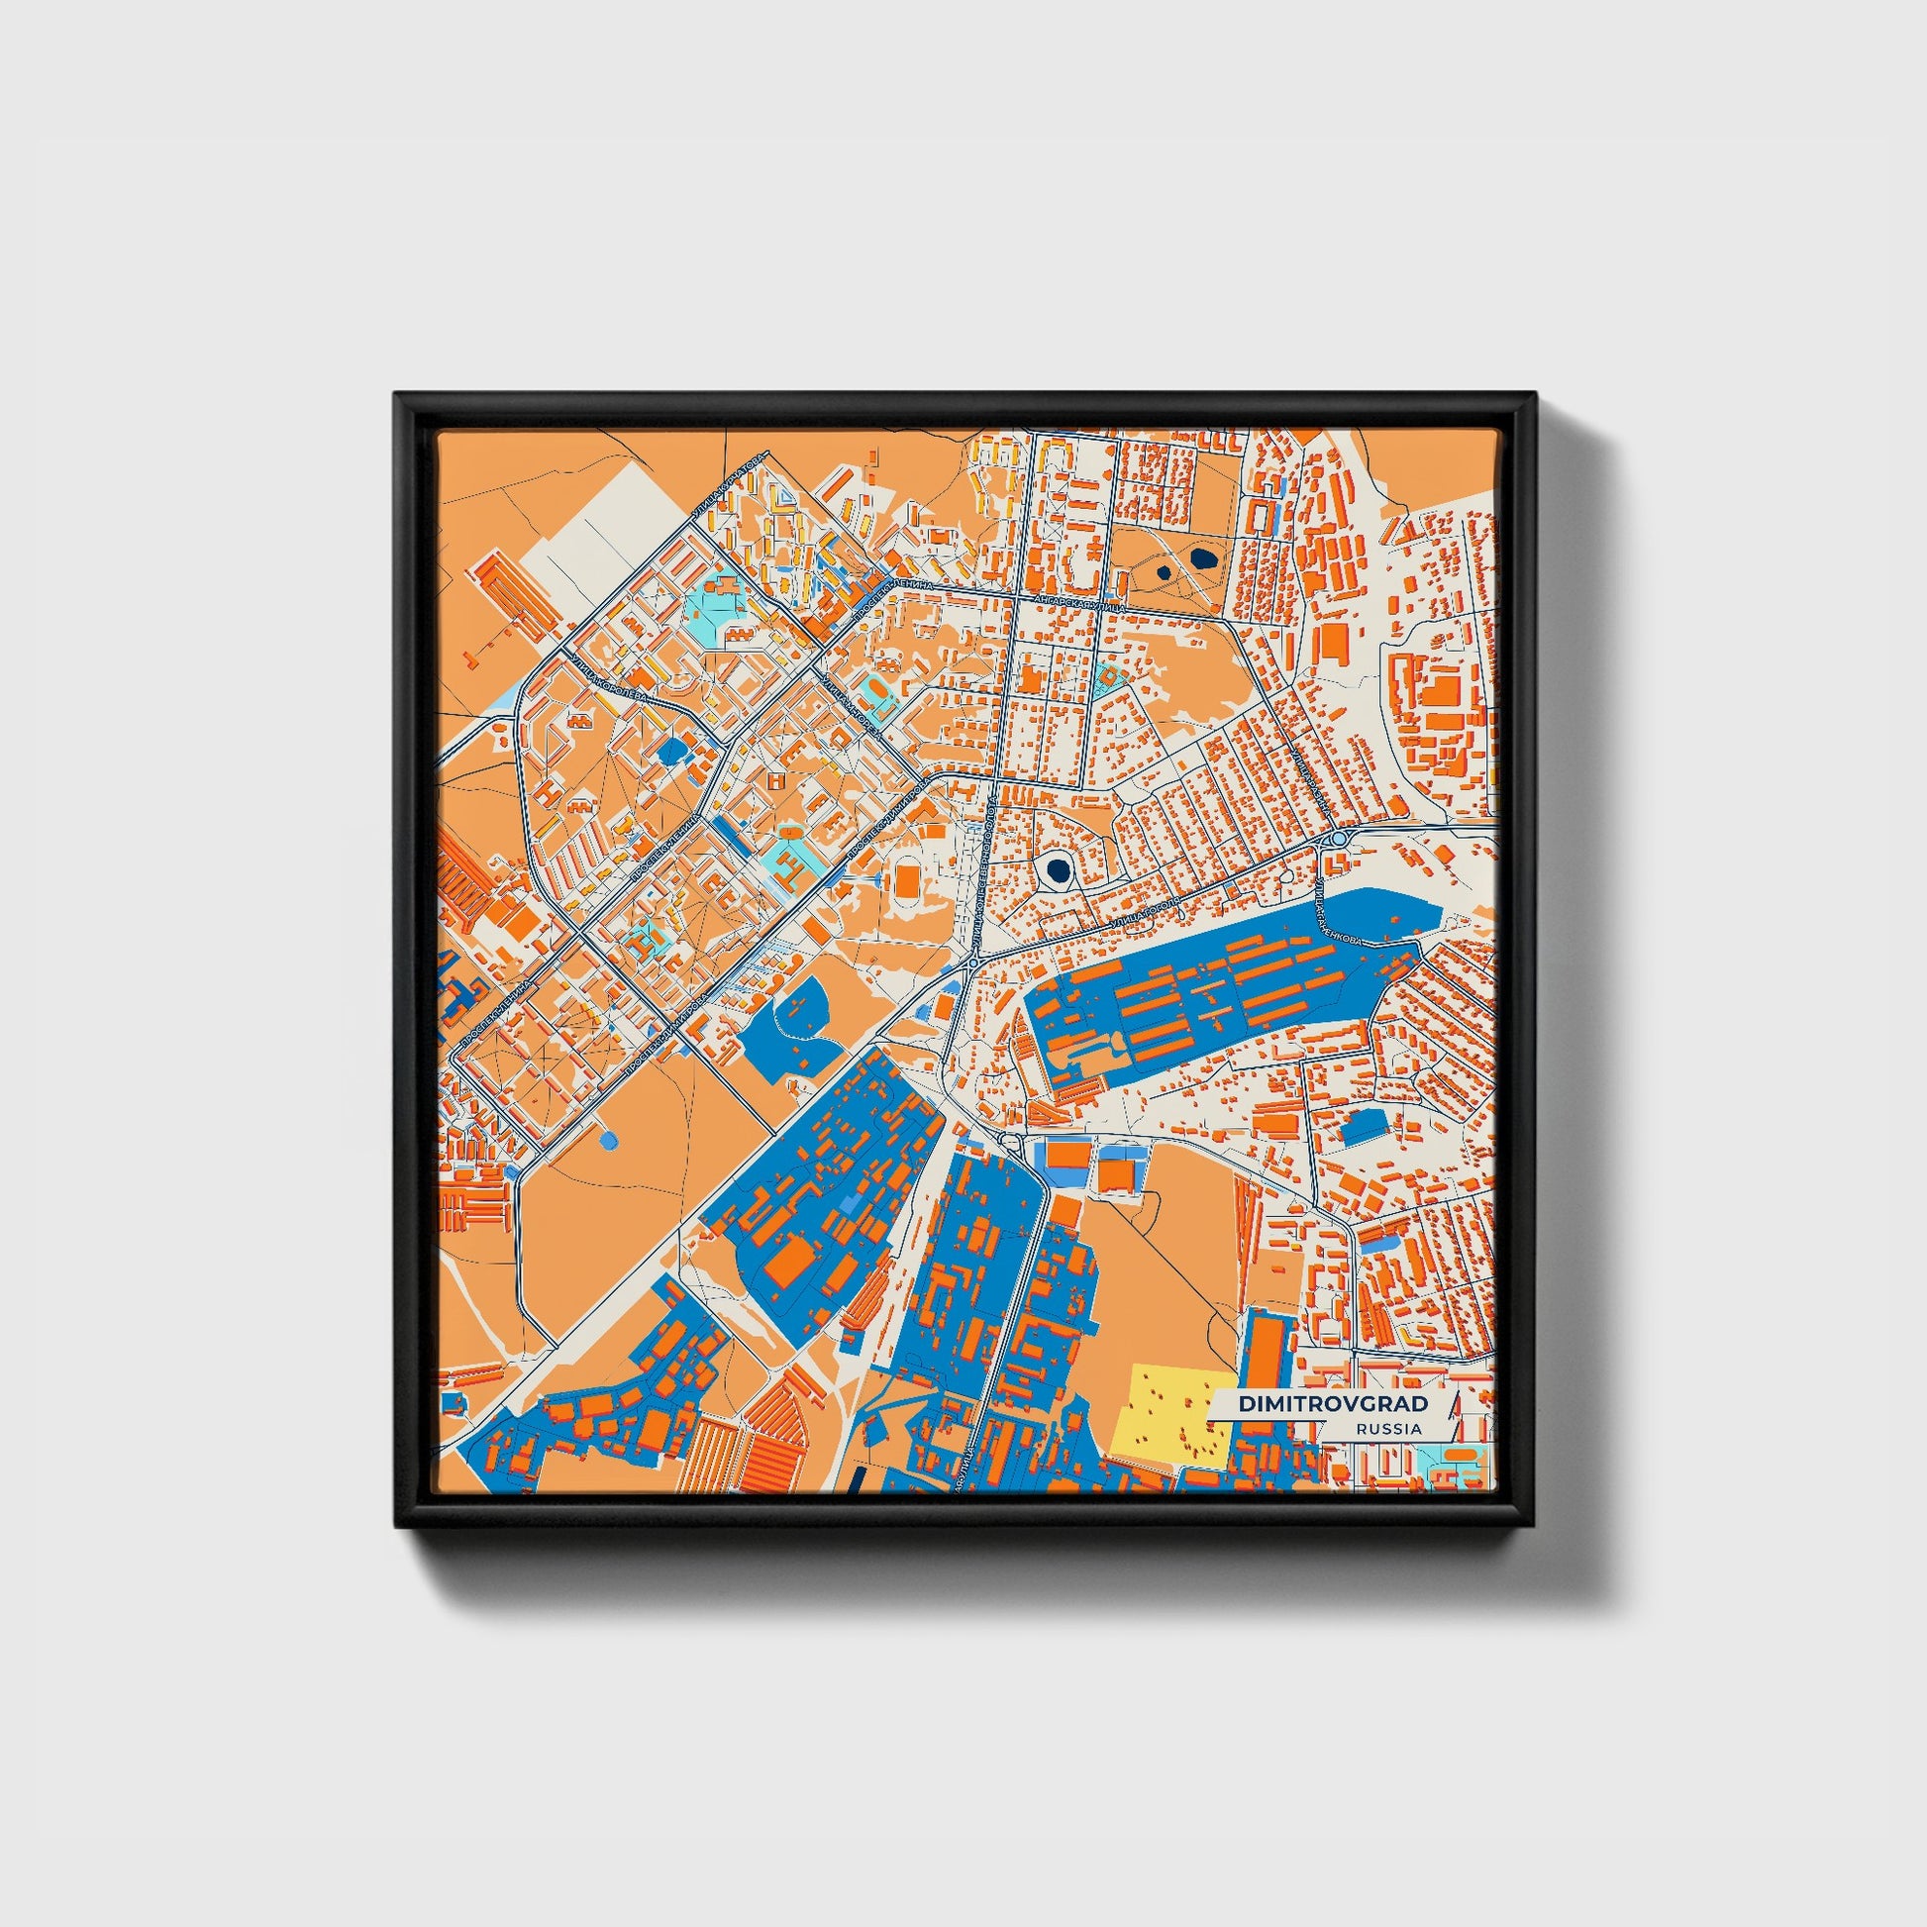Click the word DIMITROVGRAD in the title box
tap(1333, 1403)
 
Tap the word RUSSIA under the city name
tap(1388, 1428)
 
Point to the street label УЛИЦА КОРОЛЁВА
tap(609, 678)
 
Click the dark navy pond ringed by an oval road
tap(1056, 869)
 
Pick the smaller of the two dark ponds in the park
tap(1163, 572)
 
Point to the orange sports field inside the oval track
tap(908, 879)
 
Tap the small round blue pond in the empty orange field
tap(607, 1138)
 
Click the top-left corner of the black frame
tap(397, 394)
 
